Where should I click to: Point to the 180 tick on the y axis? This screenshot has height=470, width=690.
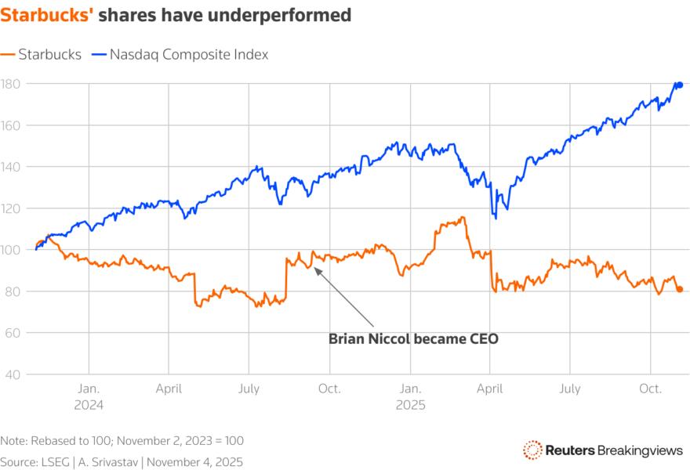11,84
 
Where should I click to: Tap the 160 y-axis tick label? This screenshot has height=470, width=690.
11,125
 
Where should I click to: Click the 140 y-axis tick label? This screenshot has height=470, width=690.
11,167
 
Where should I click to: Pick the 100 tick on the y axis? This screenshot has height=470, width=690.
11,250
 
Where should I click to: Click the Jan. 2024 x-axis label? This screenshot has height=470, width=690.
89,396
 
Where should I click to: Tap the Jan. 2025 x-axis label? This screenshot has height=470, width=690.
409,396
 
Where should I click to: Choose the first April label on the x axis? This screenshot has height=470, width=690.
169,389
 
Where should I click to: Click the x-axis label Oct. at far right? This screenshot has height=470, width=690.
650,389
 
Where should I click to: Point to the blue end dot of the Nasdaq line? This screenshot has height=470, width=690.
680,85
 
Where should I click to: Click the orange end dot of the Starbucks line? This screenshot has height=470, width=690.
680,289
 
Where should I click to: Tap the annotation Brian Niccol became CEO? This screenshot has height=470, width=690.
412,339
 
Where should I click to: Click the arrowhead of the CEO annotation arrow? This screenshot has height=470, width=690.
315,269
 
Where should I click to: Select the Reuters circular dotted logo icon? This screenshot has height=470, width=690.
532,450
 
